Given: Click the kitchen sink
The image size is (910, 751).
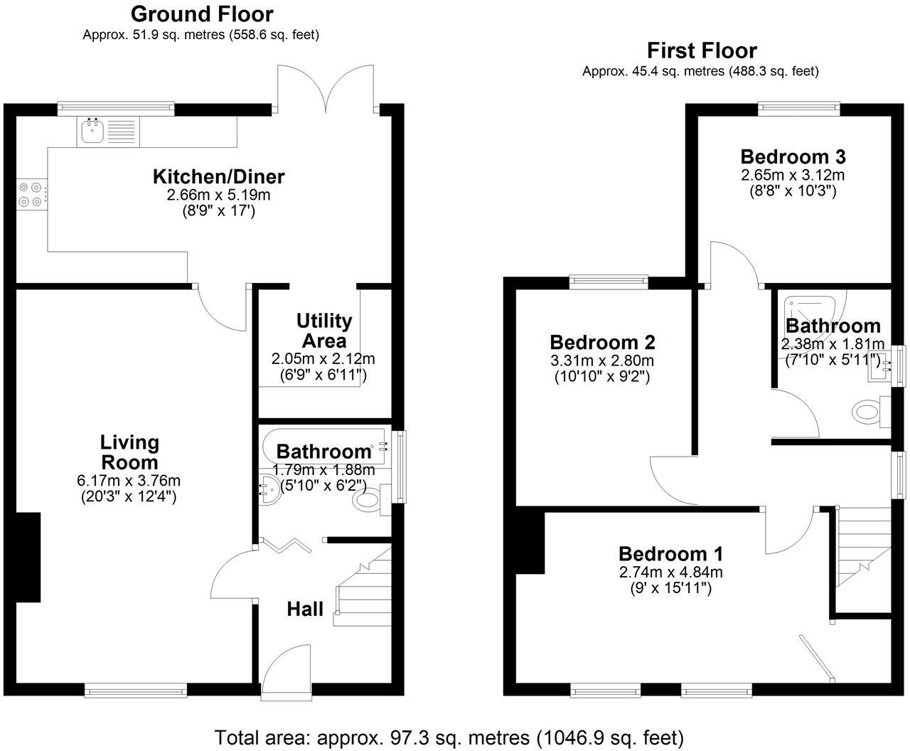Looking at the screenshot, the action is point(91,131).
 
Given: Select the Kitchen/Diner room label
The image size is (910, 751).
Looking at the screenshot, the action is point(219,176).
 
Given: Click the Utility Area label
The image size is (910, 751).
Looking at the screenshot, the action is point(324,331).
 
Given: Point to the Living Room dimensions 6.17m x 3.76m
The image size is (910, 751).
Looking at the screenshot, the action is point(129,481).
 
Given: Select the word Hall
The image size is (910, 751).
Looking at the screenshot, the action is point(305,609).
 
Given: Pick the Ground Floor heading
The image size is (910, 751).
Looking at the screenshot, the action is point(202,14).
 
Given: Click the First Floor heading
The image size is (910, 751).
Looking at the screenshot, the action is point(701,50).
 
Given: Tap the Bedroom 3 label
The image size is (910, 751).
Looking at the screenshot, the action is point(793,156).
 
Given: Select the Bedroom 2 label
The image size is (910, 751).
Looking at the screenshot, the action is point(602,343).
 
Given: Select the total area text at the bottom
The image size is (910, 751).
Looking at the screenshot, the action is point(449,737).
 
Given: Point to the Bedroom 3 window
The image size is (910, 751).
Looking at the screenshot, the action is point(798,108).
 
